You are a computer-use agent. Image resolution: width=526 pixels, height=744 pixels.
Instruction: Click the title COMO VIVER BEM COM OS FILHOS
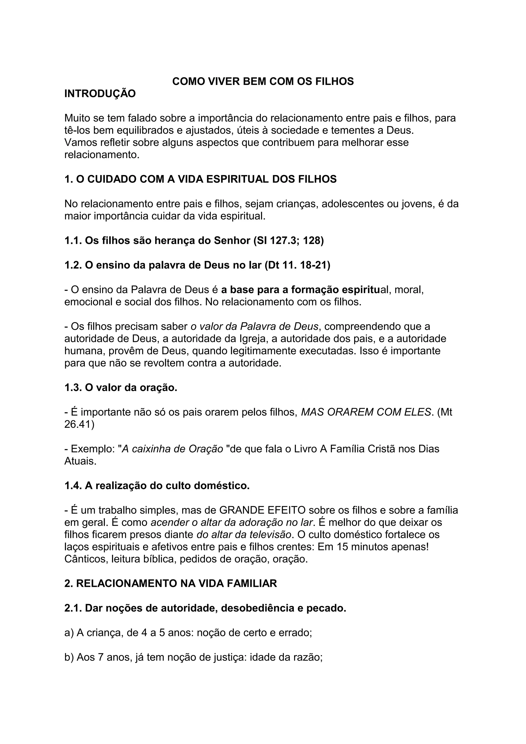pos(263,81)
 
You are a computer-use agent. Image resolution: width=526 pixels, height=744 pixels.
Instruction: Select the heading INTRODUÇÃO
pos(100,94)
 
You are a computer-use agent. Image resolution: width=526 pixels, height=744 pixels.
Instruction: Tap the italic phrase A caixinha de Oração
pos(172,449)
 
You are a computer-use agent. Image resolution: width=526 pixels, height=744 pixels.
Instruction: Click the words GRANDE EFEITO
pos(262,510)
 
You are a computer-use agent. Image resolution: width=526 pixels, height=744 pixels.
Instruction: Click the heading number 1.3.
pos(73,388)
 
